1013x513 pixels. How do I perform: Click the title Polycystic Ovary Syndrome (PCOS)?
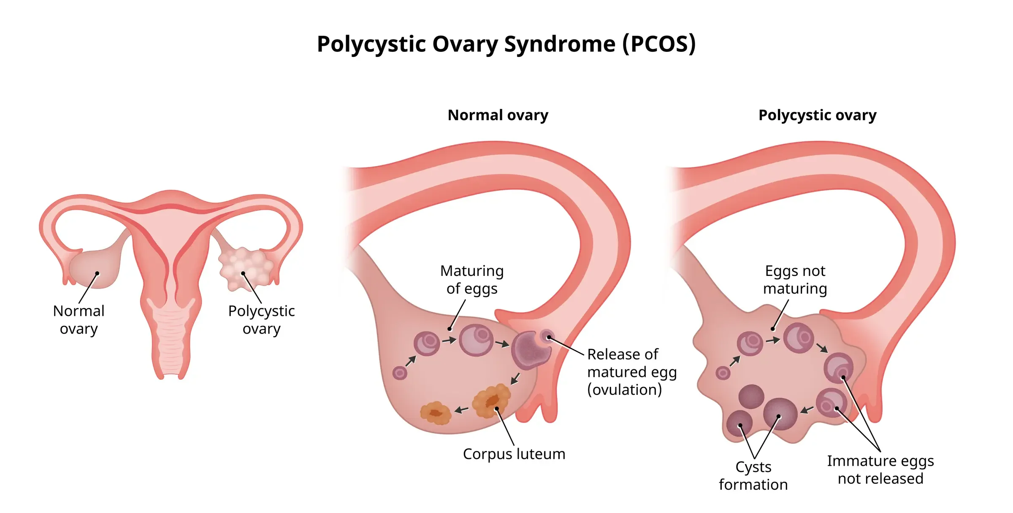coord(506,44)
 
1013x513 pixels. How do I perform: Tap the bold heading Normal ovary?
coord(498,115)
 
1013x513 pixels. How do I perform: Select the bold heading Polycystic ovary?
coord(818,115)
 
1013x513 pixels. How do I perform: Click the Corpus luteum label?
coord(514,454)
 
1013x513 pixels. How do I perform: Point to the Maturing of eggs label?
coord(472,280)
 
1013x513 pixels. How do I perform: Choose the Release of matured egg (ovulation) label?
coord(632,372)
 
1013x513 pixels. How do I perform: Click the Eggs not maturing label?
coord(795,280)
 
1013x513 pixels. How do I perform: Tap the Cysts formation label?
coord(753,476)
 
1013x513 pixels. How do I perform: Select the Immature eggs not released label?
coord(880,470)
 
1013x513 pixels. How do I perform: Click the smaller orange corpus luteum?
coord(436,413)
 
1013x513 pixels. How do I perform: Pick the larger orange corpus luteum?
coord(491,400)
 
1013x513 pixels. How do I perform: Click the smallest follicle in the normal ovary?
coord(400,373)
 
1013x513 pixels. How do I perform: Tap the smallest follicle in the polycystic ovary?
coord(723,373)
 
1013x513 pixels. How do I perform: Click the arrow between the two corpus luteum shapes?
coord(461,409)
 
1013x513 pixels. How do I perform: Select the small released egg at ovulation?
coord(547,337)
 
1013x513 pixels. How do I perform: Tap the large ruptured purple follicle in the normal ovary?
coord(530,350)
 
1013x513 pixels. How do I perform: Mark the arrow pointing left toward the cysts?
coord(807,409)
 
